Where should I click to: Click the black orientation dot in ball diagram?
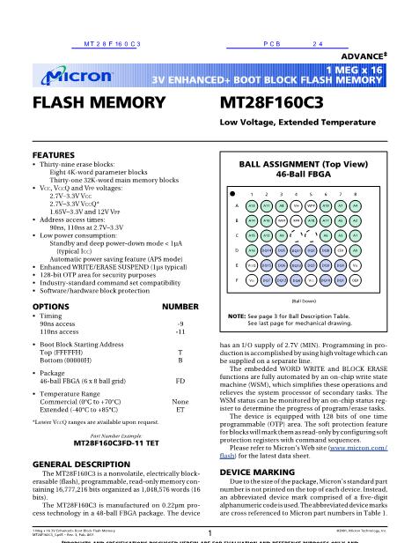[x=232, y=191]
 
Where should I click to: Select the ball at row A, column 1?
[x=251, y=205]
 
